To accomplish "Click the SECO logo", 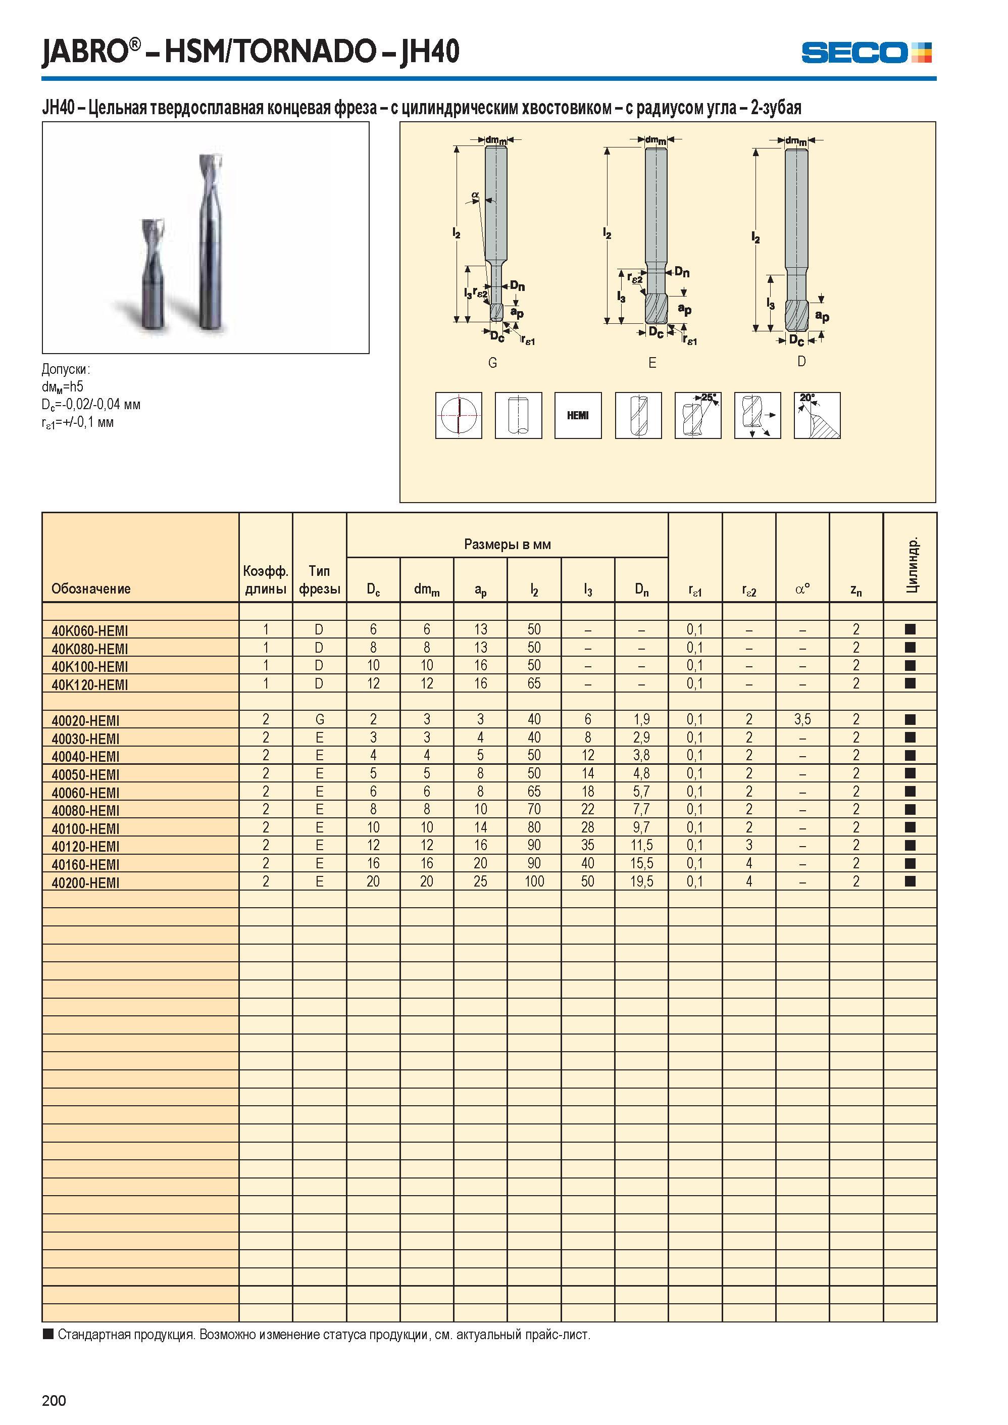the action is [x=866, y=52].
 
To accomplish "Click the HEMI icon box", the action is [x=578, y=415].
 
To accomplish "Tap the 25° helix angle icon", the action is [x=697, y=415].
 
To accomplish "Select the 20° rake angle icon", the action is [x=817, y=415].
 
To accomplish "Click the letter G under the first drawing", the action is [x=493, y=363].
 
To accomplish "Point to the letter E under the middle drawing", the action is [x=652, y=363].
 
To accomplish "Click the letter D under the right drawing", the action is [x=801, y=361].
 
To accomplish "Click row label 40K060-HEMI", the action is [x=90, y=631].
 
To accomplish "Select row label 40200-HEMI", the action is [x=86, y=883].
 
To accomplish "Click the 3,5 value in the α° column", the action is [x=802, y=720].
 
